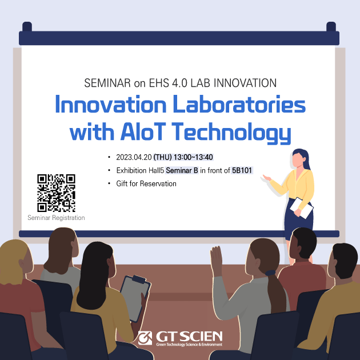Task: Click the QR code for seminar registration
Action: [56, 193]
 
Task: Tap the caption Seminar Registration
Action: [56, 218]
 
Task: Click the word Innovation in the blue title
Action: [111, 105]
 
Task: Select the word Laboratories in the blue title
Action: [239, 105]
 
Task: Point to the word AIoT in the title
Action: [143, 131]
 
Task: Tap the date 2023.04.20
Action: [134, 157]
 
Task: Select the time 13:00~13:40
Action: [193, 157]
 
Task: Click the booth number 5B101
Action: [242, 170]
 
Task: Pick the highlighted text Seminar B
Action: [182, 170]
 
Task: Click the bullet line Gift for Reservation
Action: [146, 183]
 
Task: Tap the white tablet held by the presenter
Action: [302, 208]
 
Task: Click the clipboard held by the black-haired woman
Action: [135, 298]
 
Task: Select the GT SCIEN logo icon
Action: [145, 338]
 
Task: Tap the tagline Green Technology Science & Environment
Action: [189, 345]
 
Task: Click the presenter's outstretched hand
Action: [267, 178]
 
